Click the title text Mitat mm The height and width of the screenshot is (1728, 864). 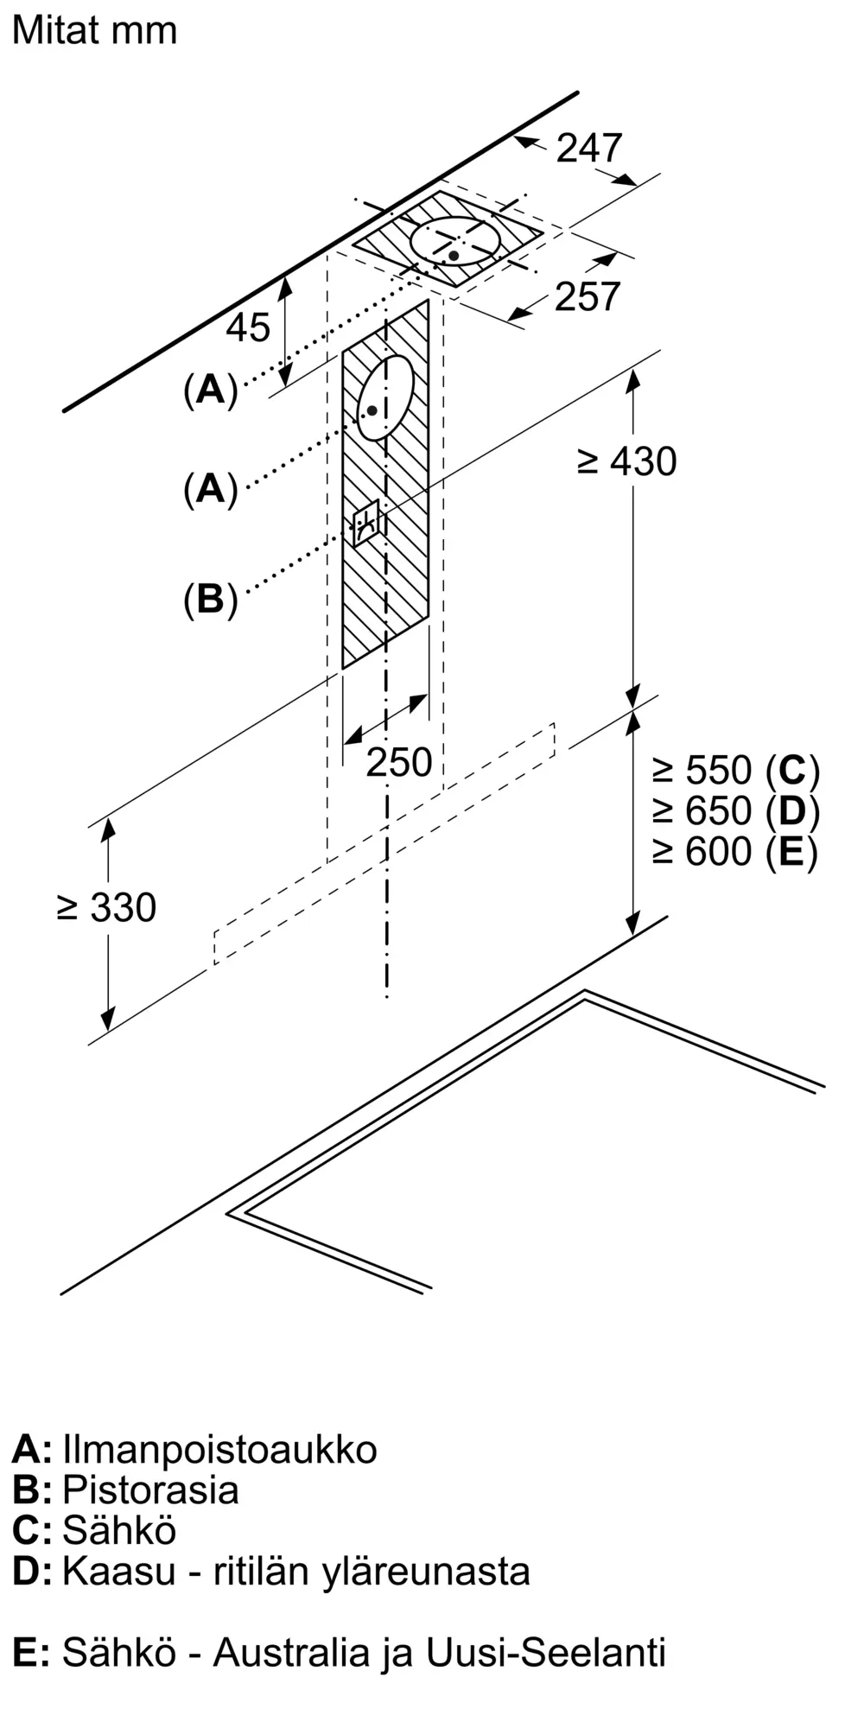[94, 32]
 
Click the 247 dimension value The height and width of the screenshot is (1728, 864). [589, 149]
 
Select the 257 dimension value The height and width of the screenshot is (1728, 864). [588, 297]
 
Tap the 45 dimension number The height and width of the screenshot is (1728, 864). [248, 327]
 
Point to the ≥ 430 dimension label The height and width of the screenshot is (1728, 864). [627, 462]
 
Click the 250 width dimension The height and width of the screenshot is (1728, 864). [398, 762]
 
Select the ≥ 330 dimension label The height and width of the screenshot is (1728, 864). [106, 908]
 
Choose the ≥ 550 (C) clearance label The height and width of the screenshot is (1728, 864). [735, 770]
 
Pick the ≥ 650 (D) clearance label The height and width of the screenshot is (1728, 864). [735, 810]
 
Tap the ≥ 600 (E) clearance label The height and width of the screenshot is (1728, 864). [735, 852]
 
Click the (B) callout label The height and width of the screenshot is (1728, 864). [210, 599]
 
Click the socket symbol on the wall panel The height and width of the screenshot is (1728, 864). [365, 523]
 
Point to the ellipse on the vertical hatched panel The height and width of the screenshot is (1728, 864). [385, 397]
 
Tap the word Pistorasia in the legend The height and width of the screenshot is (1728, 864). [150, 1490]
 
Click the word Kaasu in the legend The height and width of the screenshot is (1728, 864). [119, 1572]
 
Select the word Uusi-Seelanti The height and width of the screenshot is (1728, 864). [545, 1653]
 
